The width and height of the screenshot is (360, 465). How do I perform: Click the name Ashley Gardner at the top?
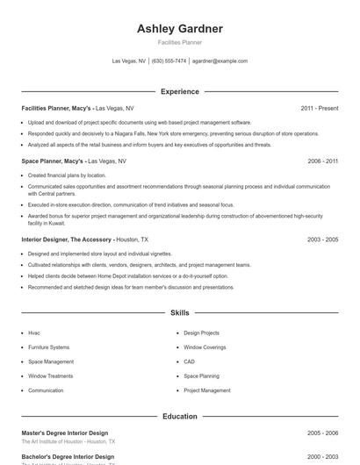point(179,29)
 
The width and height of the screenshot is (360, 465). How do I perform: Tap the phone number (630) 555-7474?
point(169,61)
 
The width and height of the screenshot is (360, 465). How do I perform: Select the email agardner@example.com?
point(220,61)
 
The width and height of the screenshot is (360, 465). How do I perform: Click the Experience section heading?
point(179,91)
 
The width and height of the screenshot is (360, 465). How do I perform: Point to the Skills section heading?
point(179,312)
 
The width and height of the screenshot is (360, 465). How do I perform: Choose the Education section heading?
point(179,416)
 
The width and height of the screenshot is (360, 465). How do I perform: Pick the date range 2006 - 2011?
point(323,161)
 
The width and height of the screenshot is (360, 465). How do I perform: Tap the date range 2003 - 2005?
point(323,239)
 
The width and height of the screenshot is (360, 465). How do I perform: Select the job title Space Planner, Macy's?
point(53,161)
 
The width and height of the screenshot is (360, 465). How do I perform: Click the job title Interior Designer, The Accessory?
point(67,239)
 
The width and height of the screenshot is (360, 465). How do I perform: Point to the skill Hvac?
point(34,333)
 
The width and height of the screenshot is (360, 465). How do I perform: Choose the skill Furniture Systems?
point(48,347)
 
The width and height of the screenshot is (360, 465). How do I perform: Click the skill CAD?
point(189,361)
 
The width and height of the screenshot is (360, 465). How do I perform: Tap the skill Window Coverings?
point(205,347)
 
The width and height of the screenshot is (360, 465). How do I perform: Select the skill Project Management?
point(207,390)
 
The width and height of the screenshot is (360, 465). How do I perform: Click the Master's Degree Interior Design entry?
point(65,433)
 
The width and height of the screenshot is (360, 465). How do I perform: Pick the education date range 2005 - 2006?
point(323,433)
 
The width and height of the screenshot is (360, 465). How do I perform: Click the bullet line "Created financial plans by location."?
point(67,175)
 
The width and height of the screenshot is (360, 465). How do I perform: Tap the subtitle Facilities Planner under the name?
point(179,42)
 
